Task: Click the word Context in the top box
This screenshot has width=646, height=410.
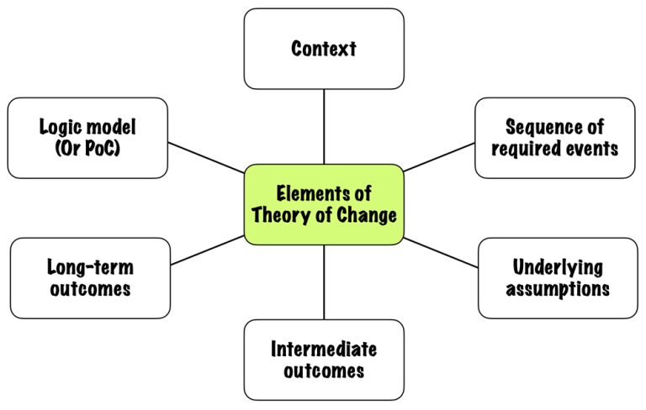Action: pyautogui.click(x=324, y=49)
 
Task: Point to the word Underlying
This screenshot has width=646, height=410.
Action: pyautogui.click(x=558, y=268)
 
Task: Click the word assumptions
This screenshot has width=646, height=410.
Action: pyautogui.click(x=558, y=289)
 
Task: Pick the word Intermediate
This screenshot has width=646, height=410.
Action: pyautogui.click(x=324, y=350)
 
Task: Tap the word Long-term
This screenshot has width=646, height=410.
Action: pyautogui.click(x=90, y=268)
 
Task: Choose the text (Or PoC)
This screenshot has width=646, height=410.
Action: pyautogui.click(x=87, y=149)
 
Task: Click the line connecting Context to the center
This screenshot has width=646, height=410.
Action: pyautogui.click(x=324, y=126)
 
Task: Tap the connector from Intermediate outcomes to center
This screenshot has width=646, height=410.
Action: pyautogui.click(x=324, y=282)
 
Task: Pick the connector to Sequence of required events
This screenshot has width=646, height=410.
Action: pyautogui.click(x=439, y=156)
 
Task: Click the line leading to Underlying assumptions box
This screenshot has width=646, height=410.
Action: pyautogui.click(x=441, y=253)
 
